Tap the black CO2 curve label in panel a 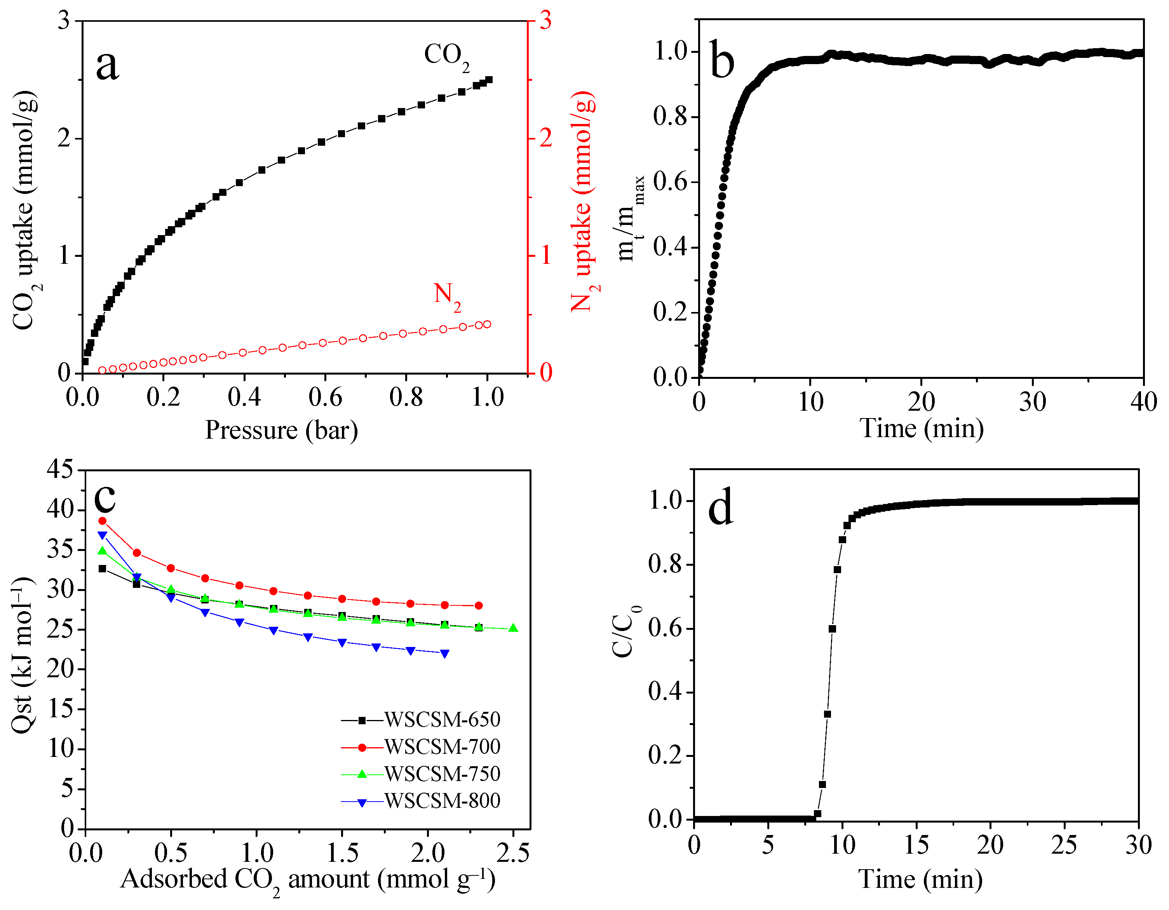[446, 56]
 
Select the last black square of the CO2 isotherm [488, 80]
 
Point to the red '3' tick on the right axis [545, 21]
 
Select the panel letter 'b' [722, 60]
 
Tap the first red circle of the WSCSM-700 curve [102, 521]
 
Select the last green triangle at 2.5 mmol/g [513, 628]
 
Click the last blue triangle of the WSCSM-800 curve [445, 654]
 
